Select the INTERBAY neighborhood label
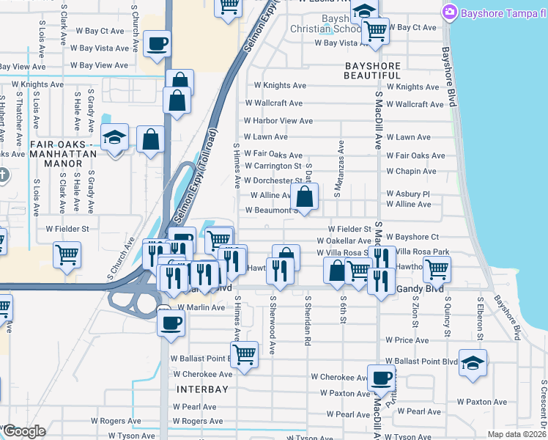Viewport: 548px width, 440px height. (202, 389)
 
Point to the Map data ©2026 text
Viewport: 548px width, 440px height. (516, 434)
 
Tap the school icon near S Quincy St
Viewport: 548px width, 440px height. (473, 362)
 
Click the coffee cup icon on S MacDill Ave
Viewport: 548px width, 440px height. (381, 378)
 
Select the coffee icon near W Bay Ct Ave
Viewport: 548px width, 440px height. (158, 44)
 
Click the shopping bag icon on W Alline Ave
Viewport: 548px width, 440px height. (304, 197)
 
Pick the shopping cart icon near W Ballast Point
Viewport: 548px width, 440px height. (244, 354)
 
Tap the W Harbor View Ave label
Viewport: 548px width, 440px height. (278, 121)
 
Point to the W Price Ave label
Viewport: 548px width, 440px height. (412, 341)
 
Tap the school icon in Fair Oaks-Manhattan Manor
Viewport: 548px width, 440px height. (115, 137)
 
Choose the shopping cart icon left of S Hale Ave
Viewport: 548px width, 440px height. (67, 254)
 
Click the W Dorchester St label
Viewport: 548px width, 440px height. (273, 180)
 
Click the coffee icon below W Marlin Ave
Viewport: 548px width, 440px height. (171, 322)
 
